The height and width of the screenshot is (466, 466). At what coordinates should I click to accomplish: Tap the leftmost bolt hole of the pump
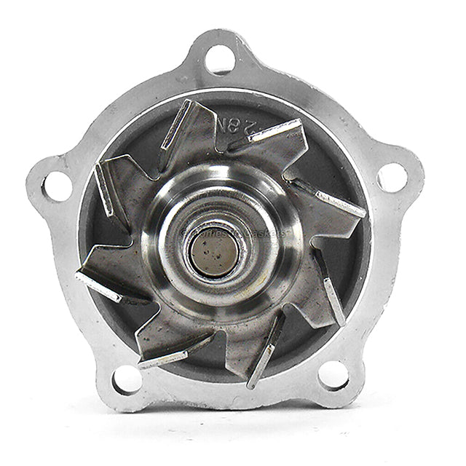coord(58,186)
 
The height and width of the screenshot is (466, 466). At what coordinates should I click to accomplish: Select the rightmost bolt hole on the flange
coord(392,177)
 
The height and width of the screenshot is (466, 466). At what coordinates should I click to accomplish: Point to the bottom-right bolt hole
coord(333,376)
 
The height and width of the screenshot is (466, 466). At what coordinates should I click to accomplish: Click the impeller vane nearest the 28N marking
coord(266,135)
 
